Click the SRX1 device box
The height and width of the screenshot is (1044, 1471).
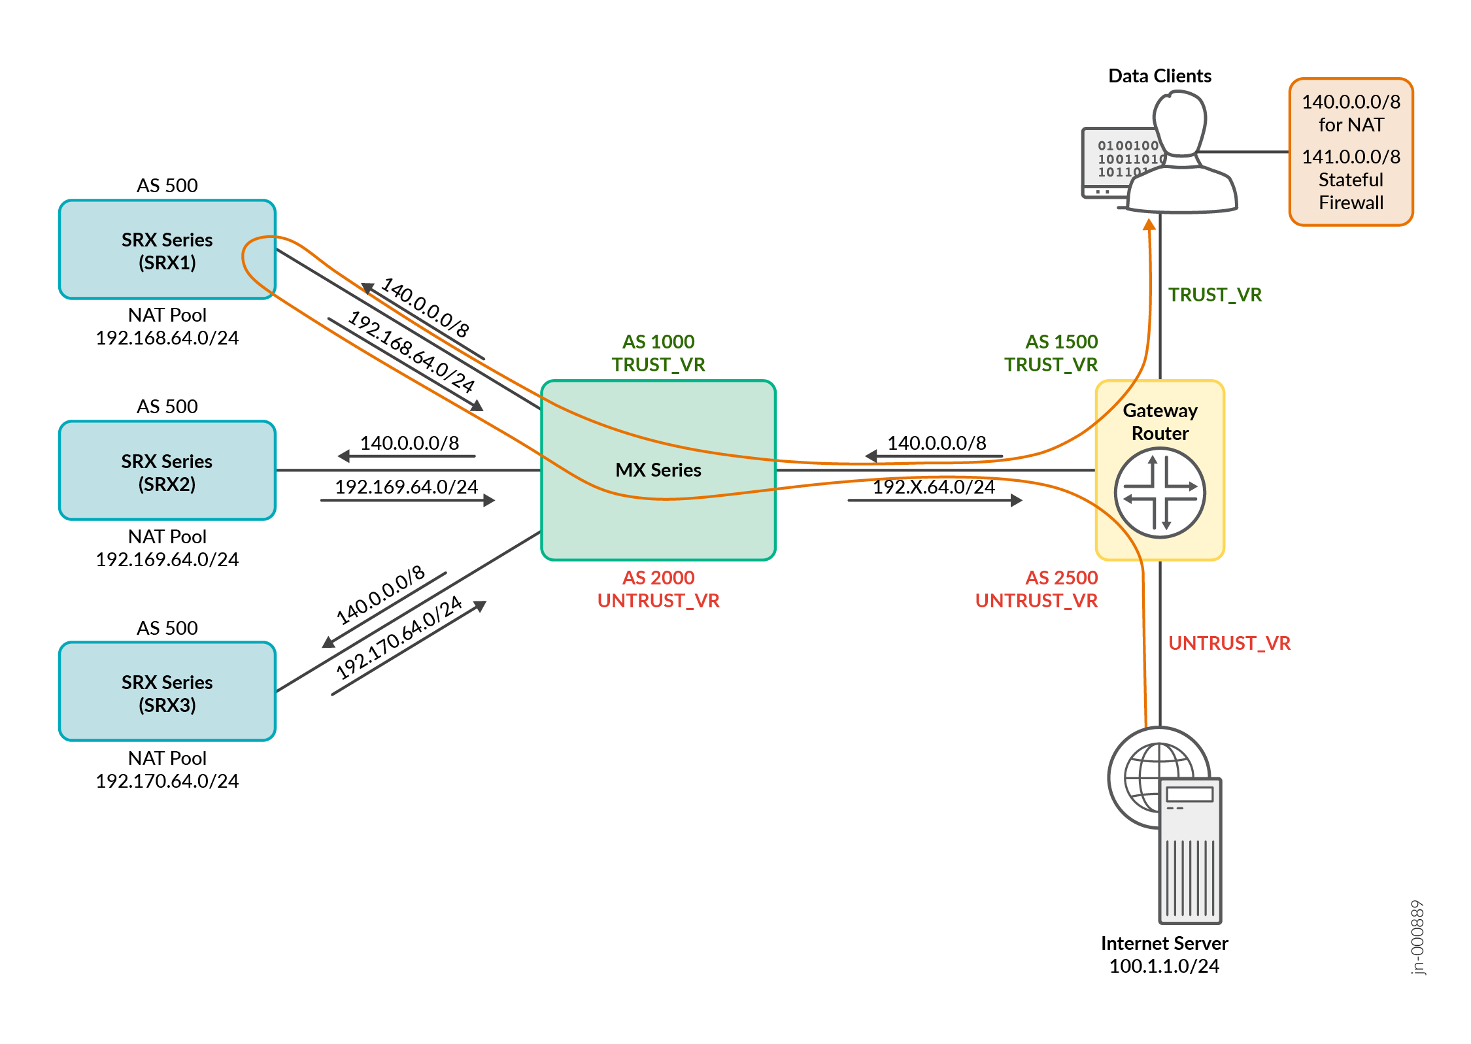167,250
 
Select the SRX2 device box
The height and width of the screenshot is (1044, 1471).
167,471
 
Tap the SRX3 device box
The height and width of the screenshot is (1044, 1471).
167,692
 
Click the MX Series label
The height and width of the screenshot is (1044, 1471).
658,470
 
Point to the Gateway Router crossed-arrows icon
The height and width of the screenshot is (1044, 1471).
1160,493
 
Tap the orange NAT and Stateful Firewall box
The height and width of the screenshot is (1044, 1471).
1351,152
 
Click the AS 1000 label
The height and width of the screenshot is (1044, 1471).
658,342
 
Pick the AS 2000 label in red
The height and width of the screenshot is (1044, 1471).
658,578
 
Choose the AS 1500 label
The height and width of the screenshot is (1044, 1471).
1061,342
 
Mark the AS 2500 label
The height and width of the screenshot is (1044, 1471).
1061,578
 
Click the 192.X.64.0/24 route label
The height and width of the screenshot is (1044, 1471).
934,487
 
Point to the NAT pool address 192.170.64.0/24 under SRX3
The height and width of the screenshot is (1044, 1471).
167,781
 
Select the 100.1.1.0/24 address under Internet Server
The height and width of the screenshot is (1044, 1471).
1164,966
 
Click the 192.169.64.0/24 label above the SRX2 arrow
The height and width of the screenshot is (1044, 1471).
406,487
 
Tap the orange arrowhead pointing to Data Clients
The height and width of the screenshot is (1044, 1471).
1149,225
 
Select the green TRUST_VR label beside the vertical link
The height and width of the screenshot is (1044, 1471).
1215,295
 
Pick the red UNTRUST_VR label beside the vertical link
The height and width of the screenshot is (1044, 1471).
1229,643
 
